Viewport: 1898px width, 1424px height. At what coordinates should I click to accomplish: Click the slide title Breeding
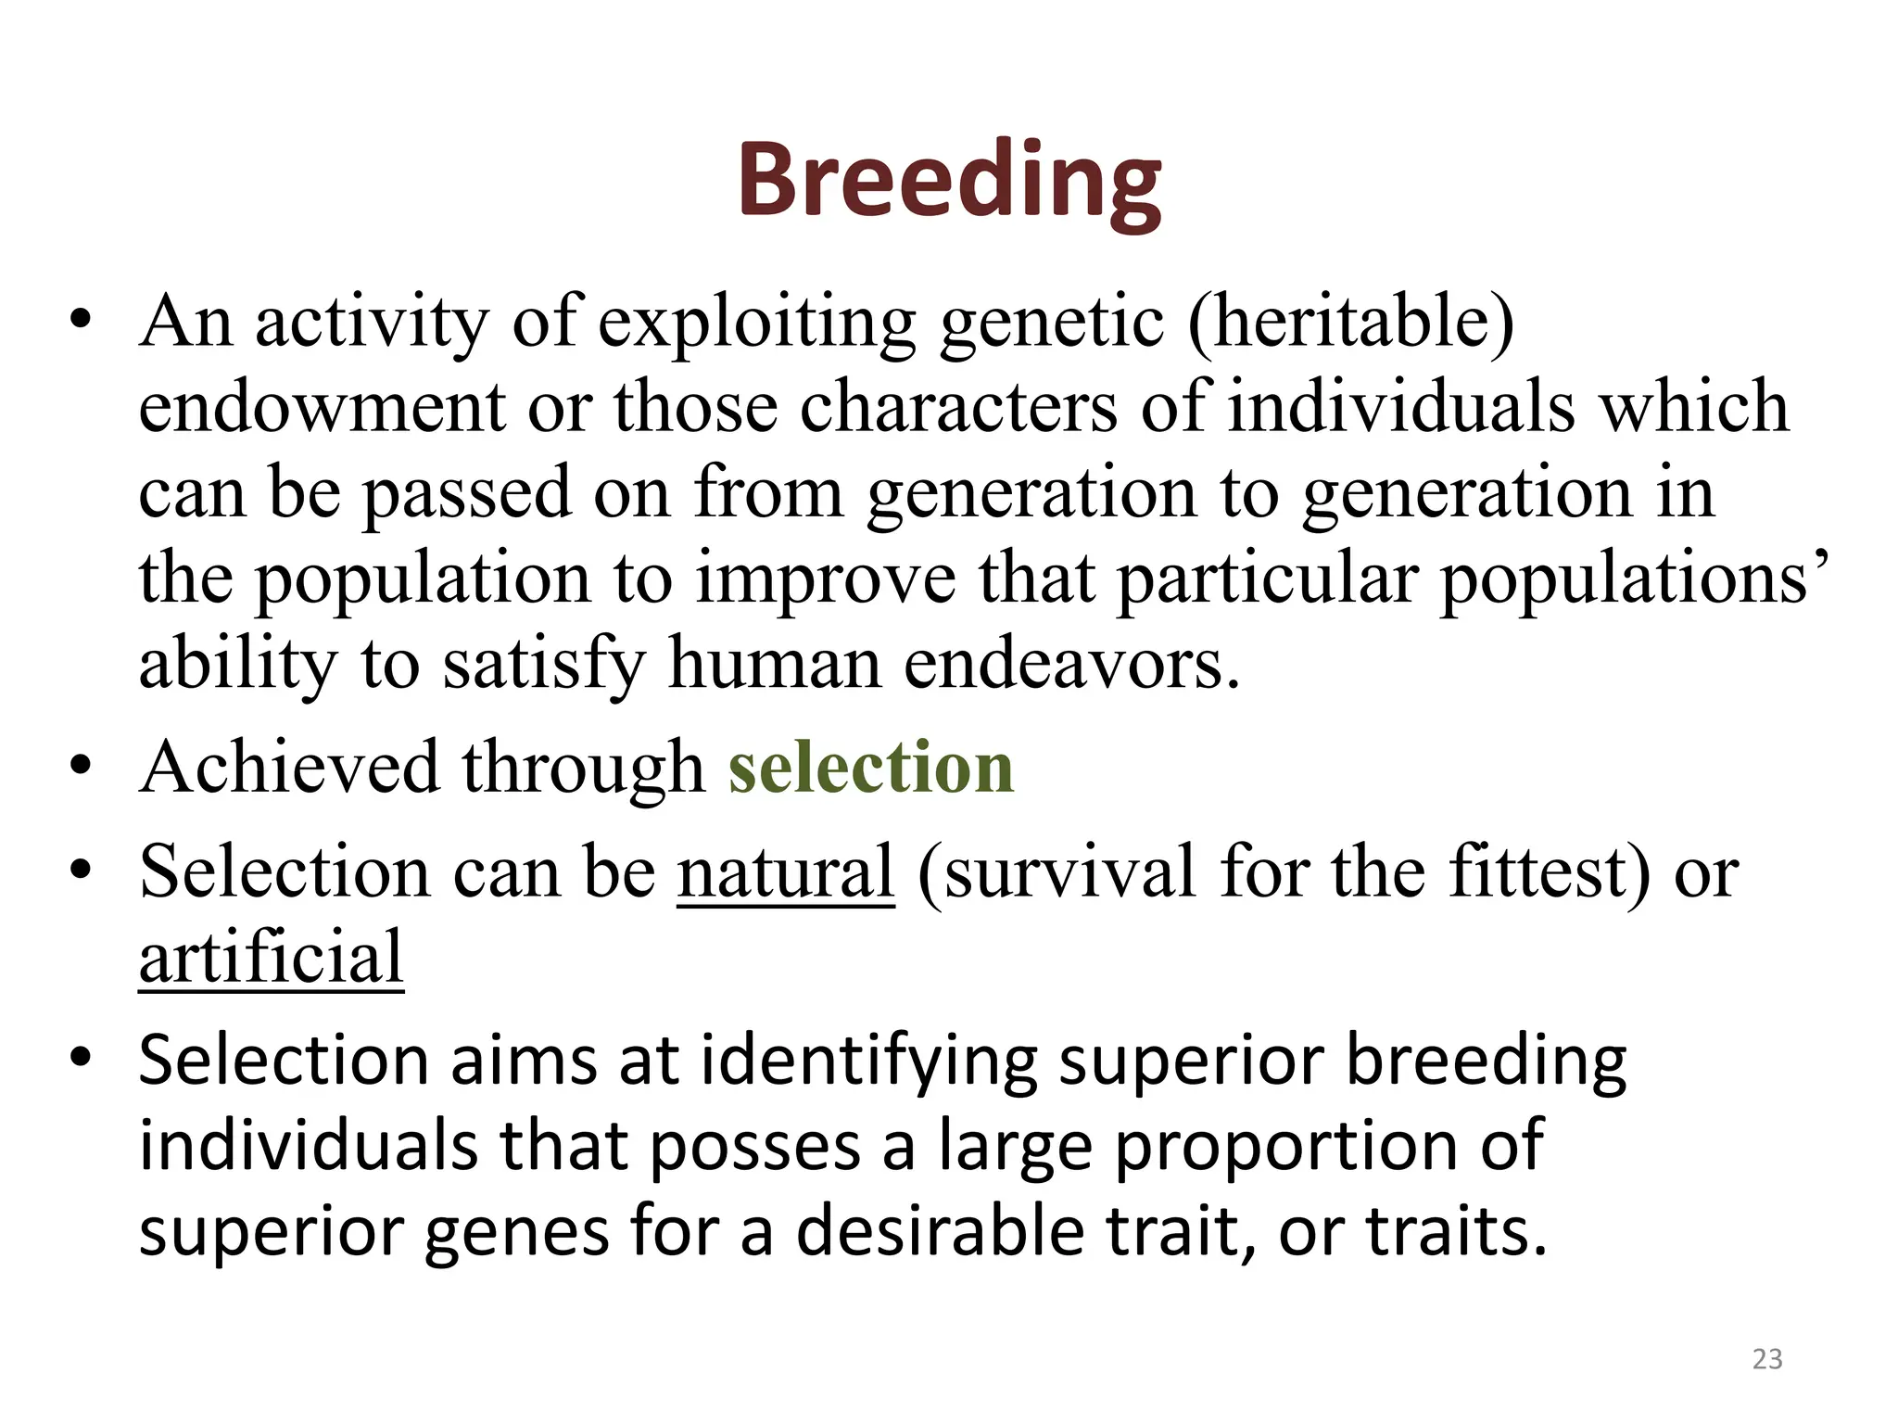click(x=949, y=181)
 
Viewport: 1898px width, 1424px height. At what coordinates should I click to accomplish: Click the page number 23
click(x=1767, y=1359)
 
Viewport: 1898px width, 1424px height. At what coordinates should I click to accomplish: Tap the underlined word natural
click(x=786, y=872)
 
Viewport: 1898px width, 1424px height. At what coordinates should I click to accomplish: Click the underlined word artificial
click(x=271, y=958)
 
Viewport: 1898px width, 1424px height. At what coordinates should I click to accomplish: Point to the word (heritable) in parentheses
click(x=1351, y=321)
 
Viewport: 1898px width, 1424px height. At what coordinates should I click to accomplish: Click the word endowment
click(x=322, y=407)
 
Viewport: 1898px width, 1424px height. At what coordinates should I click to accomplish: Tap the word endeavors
click(x=1070, y=664)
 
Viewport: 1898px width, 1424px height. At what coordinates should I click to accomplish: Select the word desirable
click(x=941, y=1232)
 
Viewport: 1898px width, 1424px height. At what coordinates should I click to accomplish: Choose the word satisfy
click(x=544, y=666)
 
